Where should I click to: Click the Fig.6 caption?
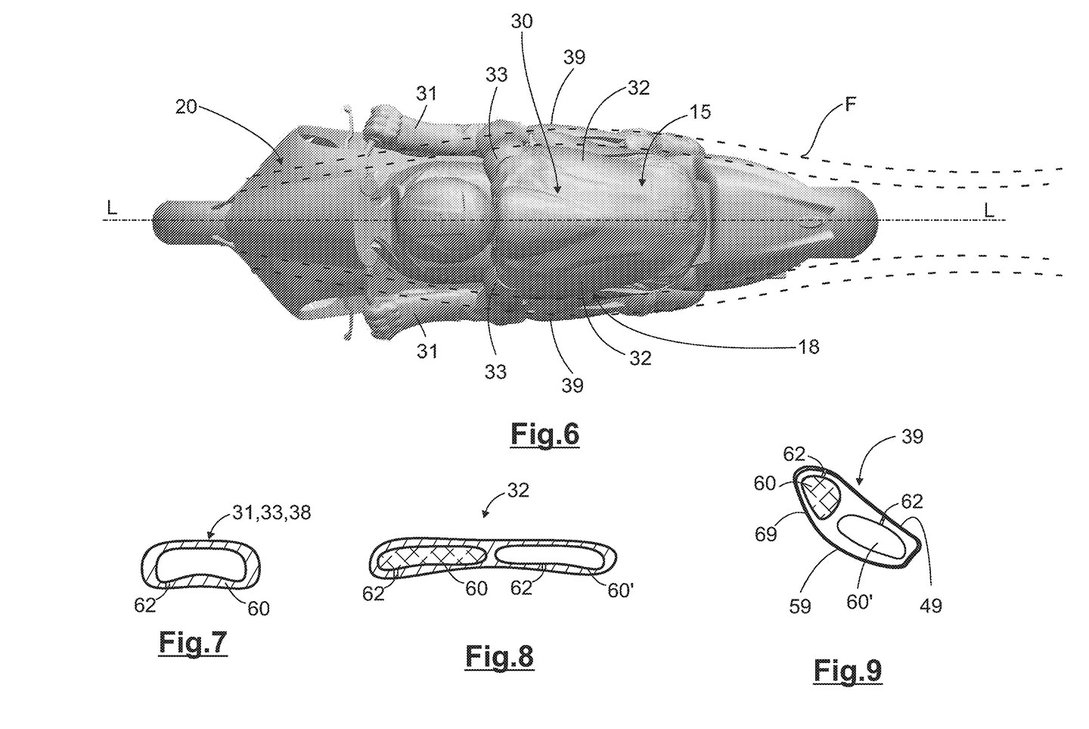pos(544,434)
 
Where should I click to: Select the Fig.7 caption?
pos(192,642)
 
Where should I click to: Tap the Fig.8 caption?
pos(499,656)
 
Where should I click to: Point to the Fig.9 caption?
pos(848,670)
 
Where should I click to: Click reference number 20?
pos(186,107)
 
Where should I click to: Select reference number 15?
pos(700,112)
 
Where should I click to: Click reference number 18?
pos(808,347)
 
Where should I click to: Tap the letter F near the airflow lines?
pos(851,104)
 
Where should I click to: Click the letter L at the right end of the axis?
pos(988,210)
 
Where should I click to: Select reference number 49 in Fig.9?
pos(931,605)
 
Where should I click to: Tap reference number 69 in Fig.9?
pos(766,534)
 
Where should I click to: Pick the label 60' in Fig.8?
pos(620,590)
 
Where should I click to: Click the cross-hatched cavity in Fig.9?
pos(820,497)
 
